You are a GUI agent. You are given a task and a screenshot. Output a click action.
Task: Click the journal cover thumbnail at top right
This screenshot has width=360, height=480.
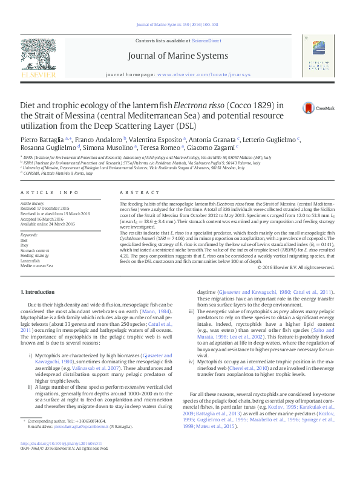[318, 60]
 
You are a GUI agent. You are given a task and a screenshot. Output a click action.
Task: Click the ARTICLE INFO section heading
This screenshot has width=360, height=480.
[50, 192]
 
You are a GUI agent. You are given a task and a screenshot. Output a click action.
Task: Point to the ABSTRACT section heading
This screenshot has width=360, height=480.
[131, 192]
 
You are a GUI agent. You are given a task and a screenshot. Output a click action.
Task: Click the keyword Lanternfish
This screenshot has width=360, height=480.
[30, 260]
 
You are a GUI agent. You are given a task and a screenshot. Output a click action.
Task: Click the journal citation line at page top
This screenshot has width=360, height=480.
[180, 25]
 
